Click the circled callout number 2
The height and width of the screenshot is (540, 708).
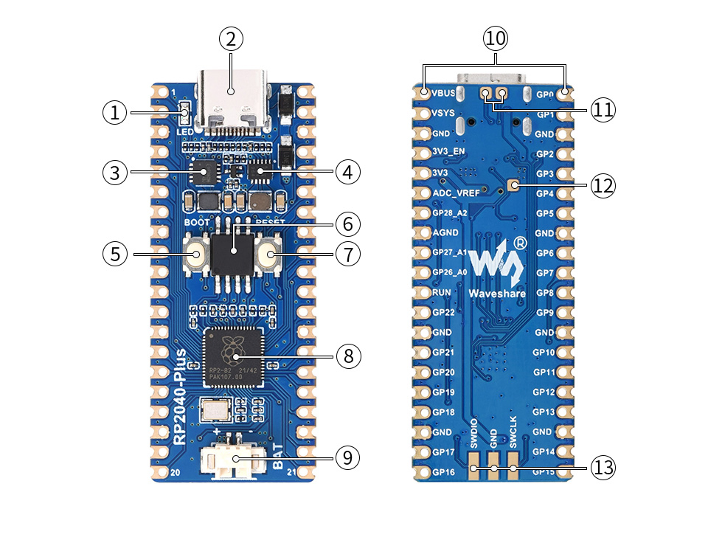pyautogui.click(x=231, y=39)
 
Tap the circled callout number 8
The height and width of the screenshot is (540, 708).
pyautogui.click(x=348, y=356)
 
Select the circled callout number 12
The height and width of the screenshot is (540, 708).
pyautogui.click(x=603, y=186)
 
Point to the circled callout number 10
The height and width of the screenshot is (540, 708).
pyautogui.click(x=496, y=38)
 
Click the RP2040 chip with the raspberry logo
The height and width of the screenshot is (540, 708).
pyautogui.click(x=235, y=356)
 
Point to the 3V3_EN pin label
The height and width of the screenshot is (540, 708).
pyautogui.click(x=449, y=153)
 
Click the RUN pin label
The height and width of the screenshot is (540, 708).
pyautogui.click(x=441, y=293)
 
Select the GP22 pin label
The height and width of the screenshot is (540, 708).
pyautogui.click(x=443, y=313)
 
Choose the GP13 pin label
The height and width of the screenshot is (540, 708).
pyautogui.click(x=544, y=412)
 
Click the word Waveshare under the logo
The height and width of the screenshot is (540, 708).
pyautogui.click(x=497, y=294)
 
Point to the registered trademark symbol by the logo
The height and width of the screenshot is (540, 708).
pyautogui.click(x=521, y=243)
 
